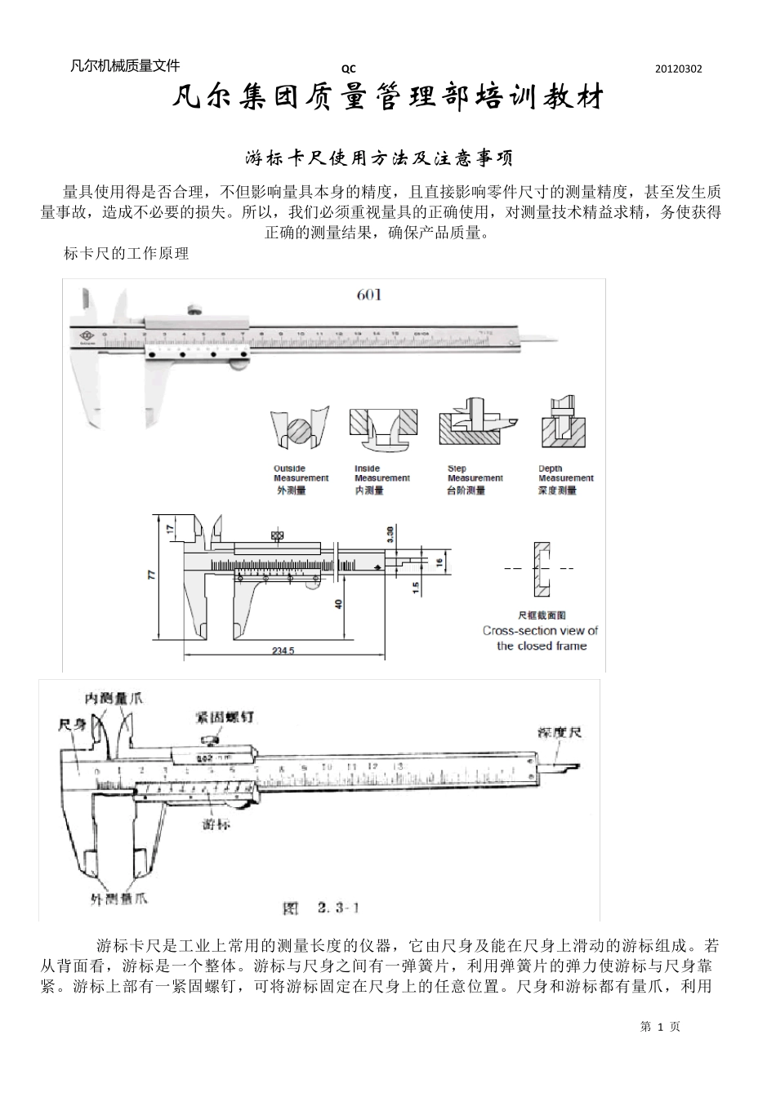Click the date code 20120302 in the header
[x=678, y=69]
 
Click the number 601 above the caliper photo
[x=368, y=295]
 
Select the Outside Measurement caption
[x=301, y=473]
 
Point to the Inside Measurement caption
[x=381, y=473]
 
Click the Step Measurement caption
[x=475, y=473]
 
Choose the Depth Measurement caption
[x=565, y=473]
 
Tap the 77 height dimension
[x=151, y=574]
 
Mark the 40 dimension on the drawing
[x=338, y=605]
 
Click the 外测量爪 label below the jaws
[x=118, y=899]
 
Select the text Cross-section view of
[x=540, y=630]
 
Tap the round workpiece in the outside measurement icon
[x=300, y=430]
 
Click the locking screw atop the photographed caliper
[x=195, y=310]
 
